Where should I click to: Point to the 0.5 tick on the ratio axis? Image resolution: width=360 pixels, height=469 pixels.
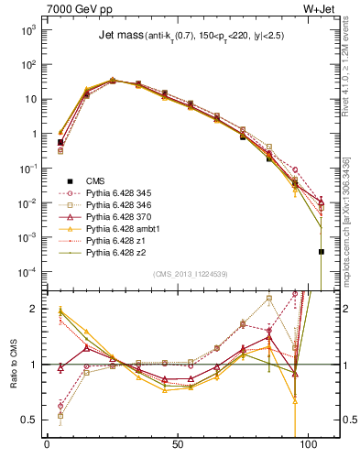coord(27,420)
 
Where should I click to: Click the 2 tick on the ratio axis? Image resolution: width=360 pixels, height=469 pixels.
coord(32,310)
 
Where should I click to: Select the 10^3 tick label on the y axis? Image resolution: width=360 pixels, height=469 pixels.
coord(26,30)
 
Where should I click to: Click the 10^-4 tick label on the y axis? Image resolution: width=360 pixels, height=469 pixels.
coord(26,272)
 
